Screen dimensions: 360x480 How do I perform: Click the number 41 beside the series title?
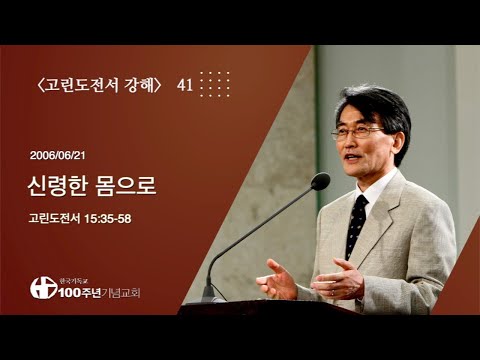pos(184,85)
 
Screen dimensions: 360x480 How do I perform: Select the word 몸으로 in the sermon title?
pos(127,187)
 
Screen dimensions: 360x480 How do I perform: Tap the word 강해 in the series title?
pos(138,85)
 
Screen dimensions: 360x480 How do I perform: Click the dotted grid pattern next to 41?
pos(214,84)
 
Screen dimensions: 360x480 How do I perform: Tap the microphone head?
pos(320,181)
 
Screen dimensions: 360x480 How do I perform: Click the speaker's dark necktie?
pos(355,223)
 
